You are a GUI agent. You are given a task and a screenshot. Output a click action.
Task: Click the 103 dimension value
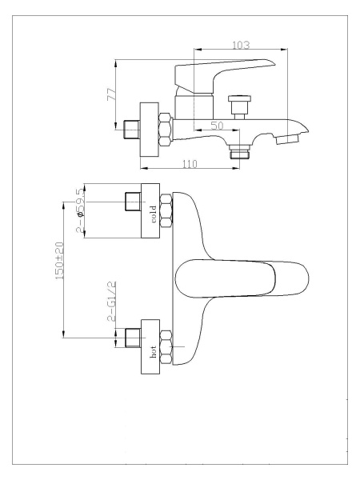241,45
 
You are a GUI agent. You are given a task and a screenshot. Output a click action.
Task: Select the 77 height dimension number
111,94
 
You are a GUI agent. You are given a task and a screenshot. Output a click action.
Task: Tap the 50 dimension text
217,126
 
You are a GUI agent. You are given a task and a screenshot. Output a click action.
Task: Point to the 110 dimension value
190,164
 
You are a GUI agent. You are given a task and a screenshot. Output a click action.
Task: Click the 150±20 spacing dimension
59,261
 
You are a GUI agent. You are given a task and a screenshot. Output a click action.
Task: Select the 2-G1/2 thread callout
112,301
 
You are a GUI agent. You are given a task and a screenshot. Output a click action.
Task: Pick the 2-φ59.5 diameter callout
79,210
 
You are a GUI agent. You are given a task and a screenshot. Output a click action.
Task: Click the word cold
154,214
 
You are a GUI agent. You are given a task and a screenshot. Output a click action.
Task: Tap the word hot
153,352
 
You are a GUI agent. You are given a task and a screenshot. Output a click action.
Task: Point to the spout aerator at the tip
287,139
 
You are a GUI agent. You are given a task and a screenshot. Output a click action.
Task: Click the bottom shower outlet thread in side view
240,151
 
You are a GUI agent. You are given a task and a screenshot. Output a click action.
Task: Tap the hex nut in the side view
166,129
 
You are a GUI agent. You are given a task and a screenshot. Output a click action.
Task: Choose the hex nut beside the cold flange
167,210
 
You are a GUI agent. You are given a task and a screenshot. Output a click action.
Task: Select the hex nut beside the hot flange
167,347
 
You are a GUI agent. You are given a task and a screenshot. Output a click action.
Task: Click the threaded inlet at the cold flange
133,202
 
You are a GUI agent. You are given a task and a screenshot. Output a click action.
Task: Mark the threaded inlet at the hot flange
133,338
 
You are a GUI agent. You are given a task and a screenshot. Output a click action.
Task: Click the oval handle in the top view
242,278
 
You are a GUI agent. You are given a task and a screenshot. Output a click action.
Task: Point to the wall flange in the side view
150,130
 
